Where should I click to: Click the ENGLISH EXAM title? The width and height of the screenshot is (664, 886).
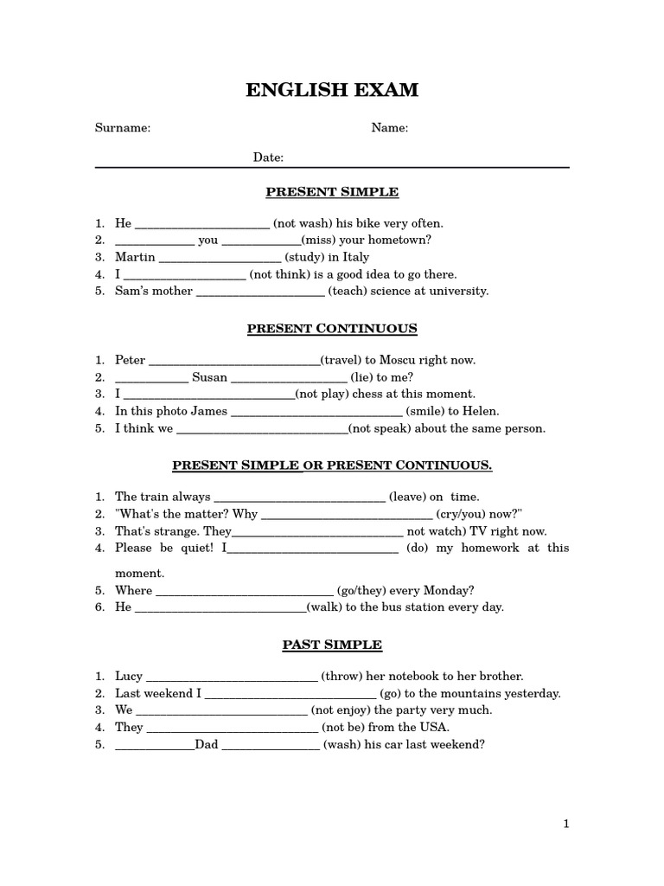point(332,91)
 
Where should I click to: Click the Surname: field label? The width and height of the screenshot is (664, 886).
point(123,128)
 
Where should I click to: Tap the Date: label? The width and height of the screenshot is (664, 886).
point(268,157)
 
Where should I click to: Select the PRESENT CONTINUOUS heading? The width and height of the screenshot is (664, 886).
point(332,329)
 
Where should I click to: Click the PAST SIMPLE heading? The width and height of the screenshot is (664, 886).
point(332,645)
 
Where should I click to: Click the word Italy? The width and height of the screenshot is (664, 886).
point(355,257)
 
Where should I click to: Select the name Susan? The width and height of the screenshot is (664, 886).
point(209,377)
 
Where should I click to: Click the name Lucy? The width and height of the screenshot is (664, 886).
point(129,676)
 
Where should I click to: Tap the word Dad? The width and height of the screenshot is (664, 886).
point(207,743)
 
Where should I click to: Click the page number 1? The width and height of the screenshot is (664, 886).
point(566,825)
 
